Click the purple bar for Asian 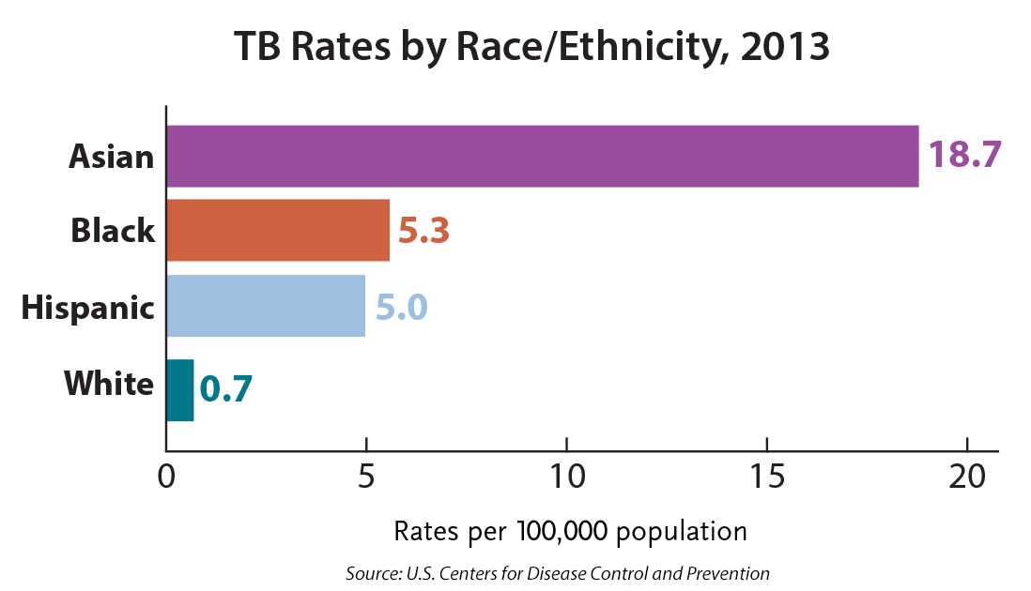(x=542, y=156)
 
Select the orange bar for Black (x=278, y=230)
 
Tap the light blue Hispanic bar (x=266, y=306)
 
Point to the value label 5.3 (x=423, y=231)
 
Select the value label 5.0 (x=402, y=307)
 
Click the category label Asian (x=111, y=156)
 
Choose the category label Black (x=113, y=231)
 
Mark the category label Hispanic (x=87, y=307)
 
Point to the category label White (x=109, y=384)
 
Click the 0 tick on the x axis (x=166, y=477)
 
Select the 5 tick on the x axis (x=366, y=477)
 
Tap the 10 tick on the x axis (x=566, y=477)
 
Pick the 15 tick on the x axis (x=766, y=477)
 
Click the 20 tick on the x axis (x=967, y=477)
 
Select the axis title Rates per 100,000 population (x=570, y=532)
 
